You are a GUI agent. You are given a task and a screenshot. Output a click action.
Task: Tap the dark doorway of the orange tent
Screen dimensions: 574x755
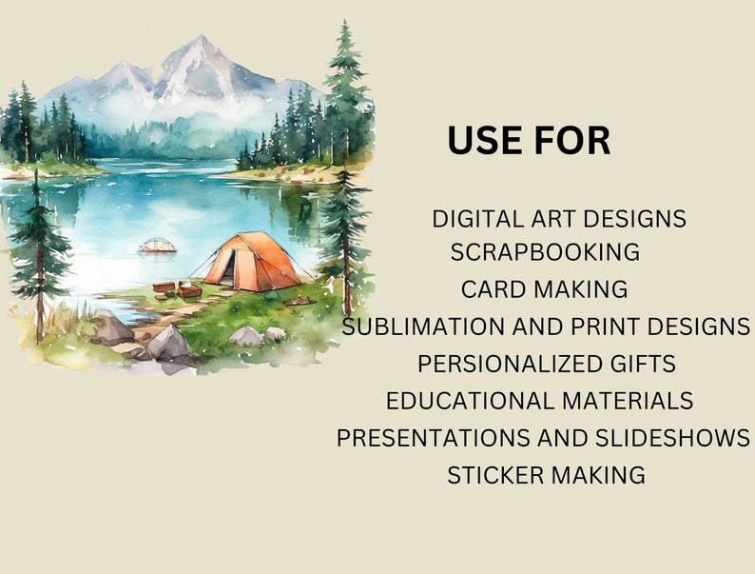(226, 269)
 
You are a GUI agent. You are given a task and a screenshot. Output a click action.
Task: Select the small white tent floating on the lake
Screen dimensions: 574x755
(157, 246)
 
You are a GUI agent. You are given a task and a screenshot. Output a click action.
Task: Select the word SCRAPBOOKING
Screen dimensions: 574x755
(545, 252)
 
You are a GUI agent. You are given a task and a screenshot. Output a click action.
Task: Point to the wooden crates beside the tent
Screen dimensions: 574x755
(177, 288)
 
